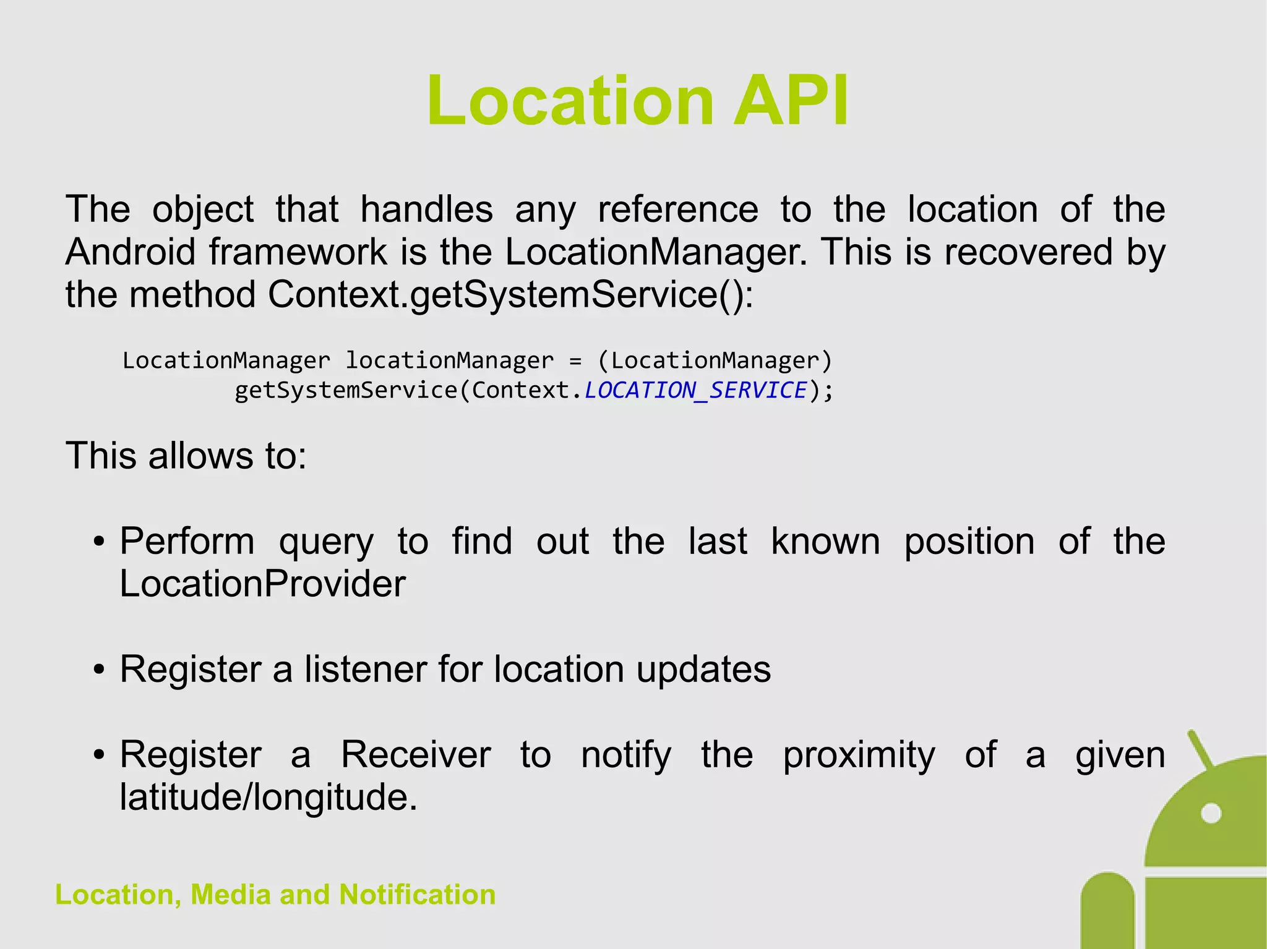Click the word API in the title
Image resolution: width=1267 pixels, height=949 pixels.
coord(791,101)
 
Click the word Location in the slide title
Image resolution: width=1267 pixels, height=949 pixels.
coord(570,101)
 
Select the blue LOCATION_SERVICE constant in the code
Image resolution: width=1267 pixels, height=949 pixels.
coord(696,390)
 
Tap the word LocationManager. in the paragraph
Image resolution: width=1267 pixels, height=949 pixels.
coord(656,252)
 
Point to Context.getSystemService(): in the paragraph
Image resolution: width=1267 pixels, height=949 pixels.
coord(511,294)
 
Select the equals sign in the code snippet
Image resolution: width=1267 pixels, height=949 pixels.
coord(575,360)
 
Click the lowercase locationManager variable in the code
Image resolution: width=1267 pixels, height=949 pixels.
coord(449,360)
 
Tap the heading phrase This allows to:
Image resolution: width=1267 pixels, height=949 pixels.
coord(186,456)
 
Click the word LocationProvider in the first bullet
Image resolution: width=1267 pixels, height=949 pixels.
coord(262,584)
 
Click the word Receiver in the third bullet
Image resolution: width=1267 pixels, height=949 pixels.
coord(416,755)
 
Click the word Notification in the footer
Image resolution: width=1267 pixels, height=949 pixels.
coord(417,895)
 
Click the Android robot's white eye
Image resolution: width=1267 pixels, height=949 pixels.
coord(1211,813)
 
